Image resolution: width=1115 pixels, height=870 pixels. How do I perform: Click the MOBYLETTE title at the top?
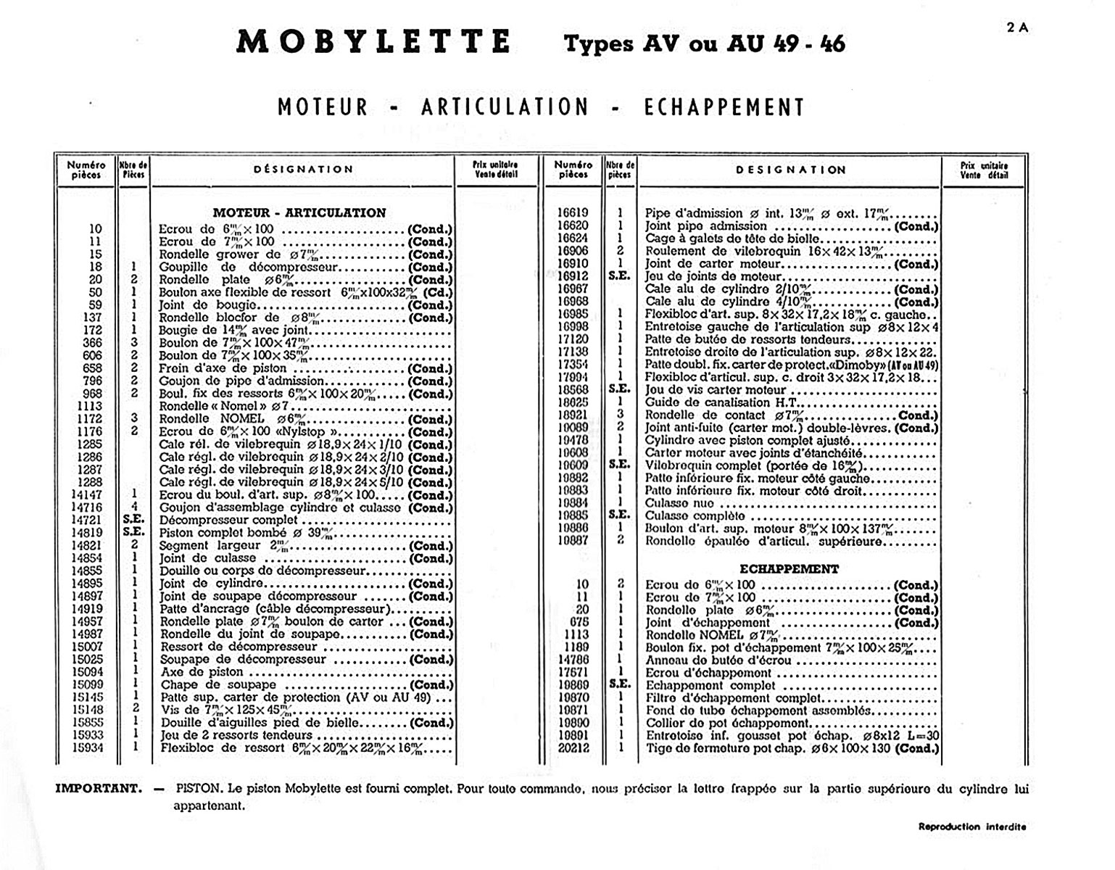click(373, 42)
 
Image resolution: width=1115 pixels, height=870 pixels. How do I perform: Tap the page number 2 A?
click(1017, 28)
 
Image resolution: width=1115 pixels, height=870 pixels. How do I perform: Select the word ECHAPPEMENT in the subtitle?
click(724, 107)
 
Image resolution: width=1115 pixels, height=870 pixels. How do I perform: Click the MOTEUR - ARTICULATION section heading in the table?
click(299, 212)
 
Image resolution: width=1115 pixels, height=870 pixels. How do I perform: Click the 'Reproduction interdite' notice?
click(972, 826)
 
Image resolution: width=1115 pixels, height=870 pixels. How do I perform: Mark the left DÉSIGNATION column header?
click(303, 170)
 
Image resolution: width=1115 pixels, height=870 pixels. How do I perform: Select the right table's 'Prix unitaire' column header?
click(984, 170)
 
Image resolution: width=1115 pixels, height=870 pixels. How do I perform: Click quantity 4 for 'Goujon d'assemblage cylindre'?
click(134, 507)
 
